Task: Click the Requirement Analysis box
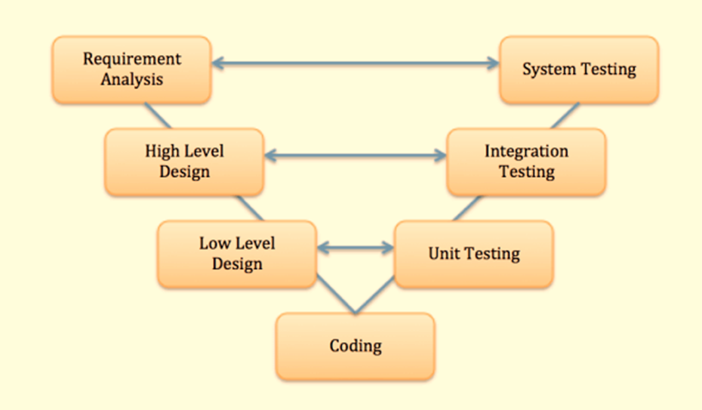(131, 69)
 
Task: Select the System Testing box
(579, 69)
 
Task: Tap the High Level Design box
(184, 162)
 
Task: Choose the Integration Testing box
(526, 162)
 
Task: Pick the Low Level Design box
(237, 254)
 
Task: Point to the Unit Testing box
(474, 254)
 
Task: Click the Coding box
(355, 347)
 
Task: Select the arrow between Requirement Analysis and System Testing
(355, 64)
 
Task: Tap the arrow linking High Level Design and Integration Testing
(355, 156)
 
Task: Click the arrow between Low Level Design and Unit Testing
(356, 248)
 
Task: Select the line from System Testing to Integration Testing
(565, 116)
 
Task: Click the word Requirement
(132, 59)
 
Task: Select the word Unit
(443, 254)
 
